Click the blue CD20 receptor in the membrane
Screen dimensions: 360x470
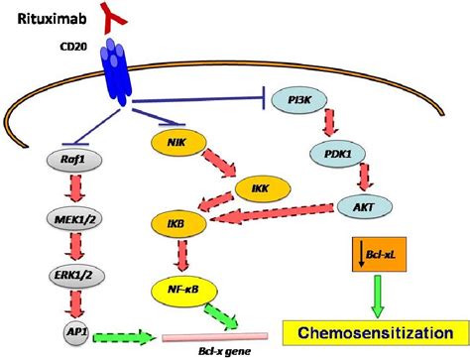(115, 75)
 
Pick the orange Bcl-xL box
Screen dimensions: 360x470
(374, 257)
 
